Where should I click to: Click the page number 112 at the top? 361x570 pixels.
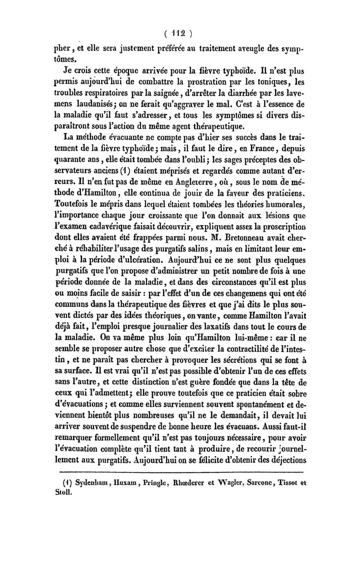(180, 32)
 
